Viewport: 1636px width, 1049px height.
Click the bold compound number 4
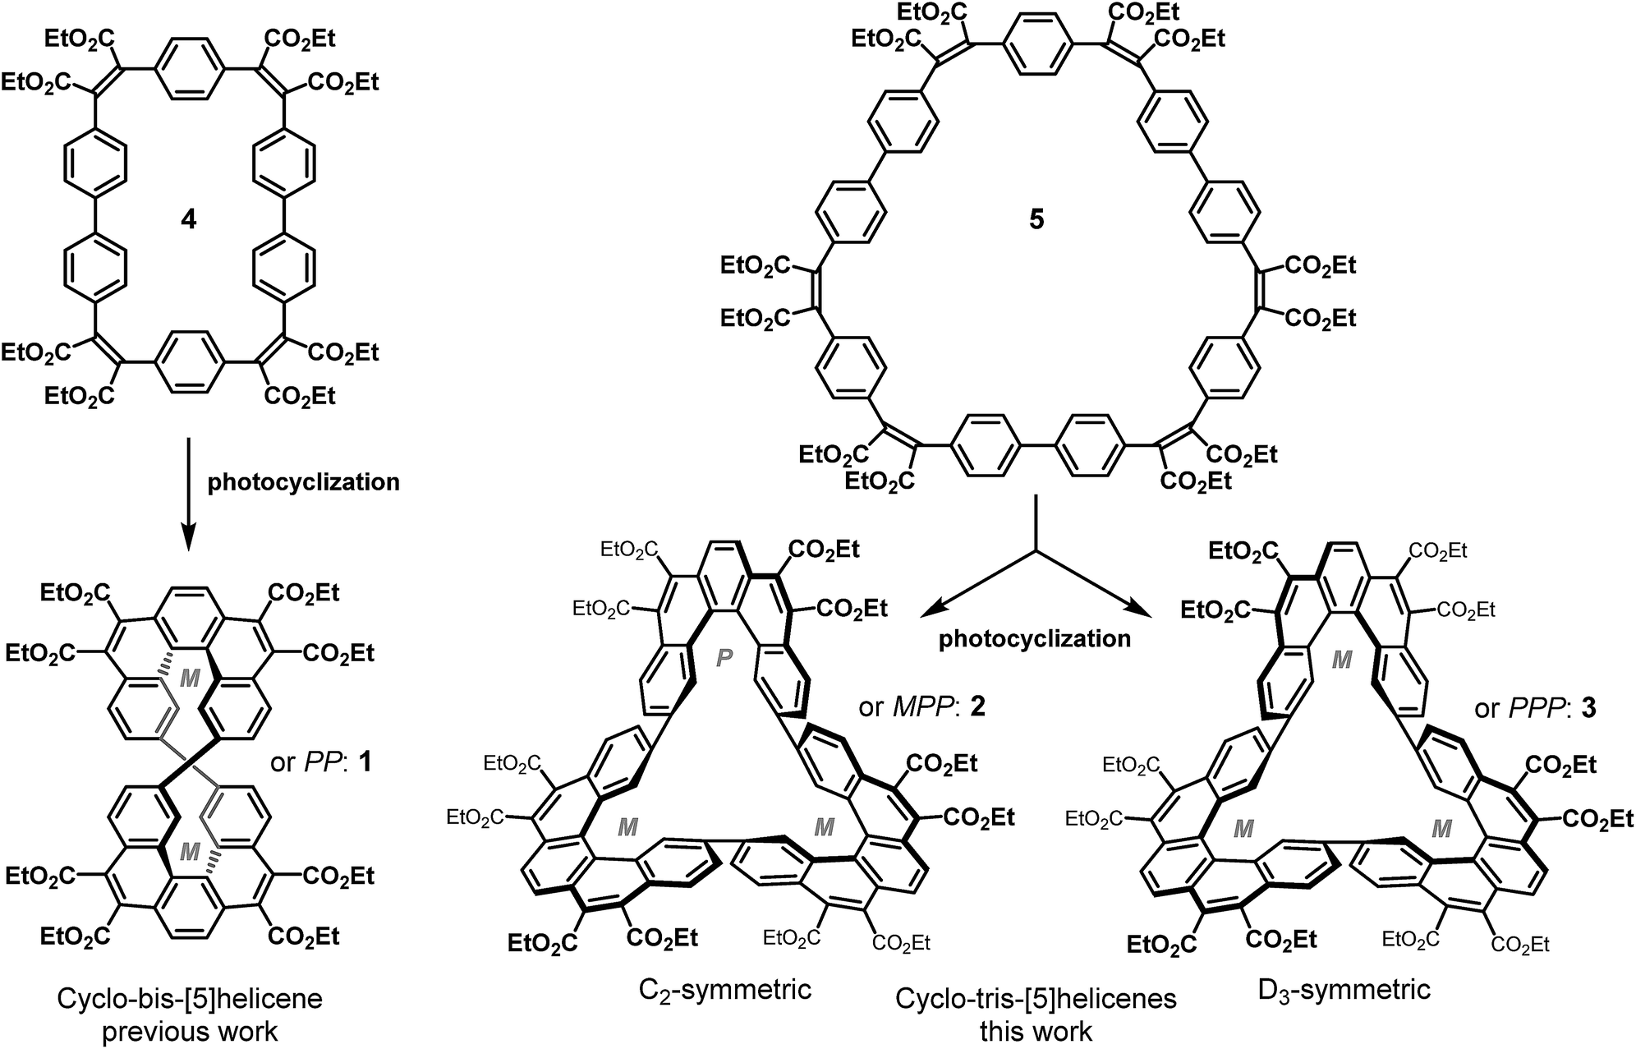(x=189, y=220)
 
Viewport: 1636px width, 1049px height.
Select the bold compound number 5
(x=1036, y=220)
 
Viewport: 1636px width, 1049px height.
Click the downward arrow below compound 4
(x=189, y=493)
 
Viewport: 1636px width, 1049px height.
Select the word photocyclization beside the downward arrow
(x=303, y=482)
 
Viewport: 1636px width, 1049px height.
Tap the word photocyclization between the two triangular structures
(x=1035, y=638)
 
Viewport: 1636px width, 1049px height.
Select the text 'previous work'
(x=189, y=1030)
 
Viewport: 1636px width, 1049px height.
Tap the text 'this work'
(x=1036, y=1030)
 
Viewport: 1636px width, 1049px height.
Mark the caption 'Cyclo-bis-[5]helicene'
(x=189, y=999)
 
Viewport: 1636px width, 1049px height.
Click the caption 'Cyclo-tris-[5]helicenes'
(x=1036, y=999)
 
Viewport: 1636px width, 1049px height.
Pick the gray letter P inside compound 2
(x=724, y=660)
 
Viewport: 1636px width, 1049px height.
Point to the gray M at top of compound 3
(x=1341, y=660)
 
